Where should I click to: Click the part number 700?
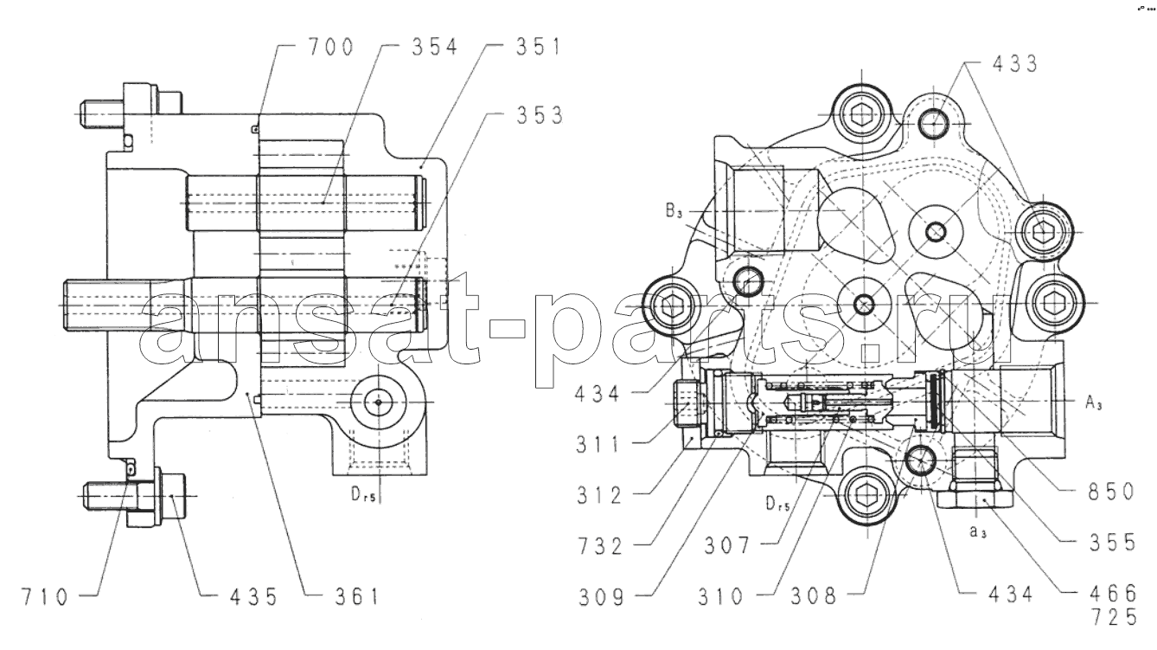point(331,47)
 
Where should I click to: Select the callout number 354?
point(435,47)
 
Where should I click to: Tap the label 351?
point(538,47)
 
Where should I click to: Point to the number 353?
point(540,115)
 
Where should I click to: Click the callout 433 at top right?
point(1015,63)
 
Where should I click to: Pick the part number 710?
point(45,596)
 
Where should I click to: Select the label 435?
point(253,596)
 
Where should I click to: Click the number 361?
point(357,596)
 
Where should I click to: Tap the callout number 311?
point(598,444)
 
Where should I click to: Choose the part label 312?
point(599,495)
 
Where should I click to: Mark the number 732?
point(601,546)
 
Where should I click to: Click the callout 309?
point(602,597)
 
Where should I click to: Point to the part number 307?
point(727,545)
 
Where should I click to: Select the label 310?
point(721,596)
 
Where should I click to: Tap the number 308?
point(814,596)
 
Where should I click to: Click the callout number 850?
point(1111,492)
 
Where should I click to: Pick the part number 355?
point(1113,543)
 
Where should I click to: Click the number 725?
point(1114,617)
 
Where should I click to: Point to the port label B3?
point(674,211)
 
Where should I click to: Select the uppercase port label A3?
point(1094,402)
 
